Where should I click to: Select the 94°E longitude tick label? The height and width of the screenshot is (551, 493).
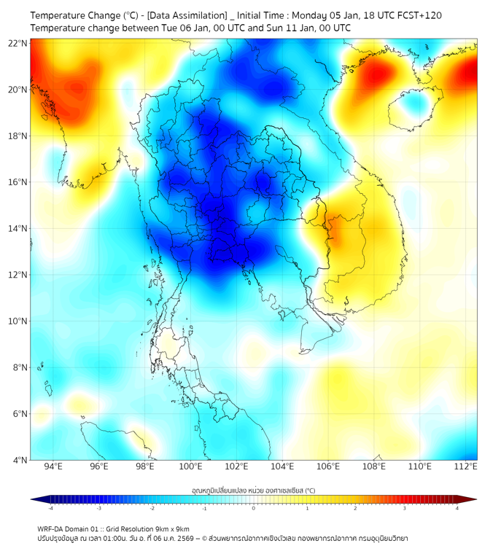click(x=53, y=466)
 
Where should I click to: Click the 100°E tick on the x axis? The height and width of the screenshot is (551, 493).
click(x=191, y=466)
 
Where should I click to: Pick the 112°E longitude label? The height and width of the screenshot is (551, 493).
click(x=466, y=466)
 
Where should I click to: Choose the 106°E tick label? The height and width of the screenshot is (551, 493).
click(x=328, y=466)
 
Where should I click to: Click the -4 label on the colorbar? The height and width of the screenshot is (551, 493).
click(x=50, y=508)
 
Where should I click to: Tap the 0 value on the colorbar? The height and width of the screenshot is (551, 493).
click(x=254, y=508)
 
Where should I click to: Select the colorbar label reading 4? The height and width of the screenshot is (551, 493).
click(x=457, y=508)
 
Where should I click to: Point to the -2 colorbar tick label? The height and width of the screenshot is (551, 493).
click(x=151, y=508)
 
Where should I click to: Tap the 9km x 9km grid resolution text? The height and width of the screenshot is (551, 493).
click(x=171, y=528)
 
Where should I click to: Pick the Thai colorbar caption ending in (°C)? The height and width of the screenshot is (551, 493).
click(x=254, y=490)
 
